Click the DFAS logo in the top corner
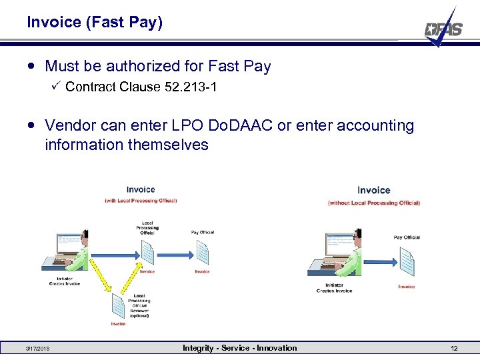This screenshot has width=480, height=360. click(443, 29)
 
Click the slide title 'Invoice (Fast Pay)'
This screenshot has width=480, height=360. click(95, 22)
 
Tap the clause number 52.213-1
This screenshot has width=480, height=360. click(190, 87)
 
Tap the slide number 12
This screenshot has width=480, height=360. click(454, 349)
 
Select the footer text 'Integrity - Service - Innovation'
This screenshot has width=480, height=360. click(240, 348)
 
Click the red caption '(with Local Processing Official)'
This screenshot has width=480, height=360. click(141, 201)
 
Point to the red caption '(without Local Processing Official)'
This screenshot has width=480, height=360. click(373, 203)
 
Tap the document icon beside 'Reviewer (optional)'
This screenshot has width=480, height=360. click(119, 307)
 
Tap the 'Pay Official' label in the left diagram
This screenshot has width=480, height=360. click(203, 233)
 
